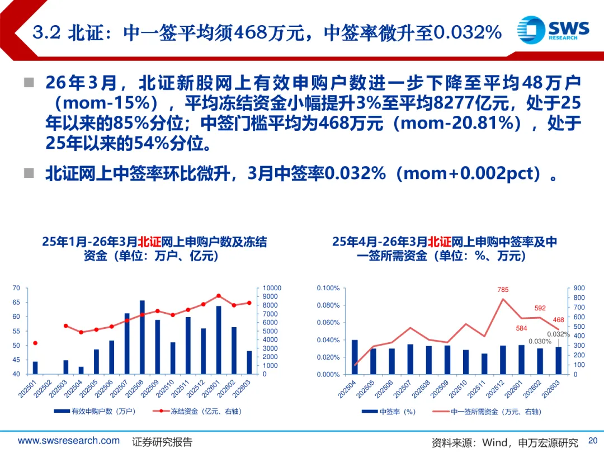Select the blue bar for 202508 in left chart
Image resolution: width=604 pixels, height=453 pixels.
[x=142, y=337]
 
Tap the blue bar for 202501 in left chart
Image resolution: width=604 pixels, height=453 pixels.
[x=35, y=367]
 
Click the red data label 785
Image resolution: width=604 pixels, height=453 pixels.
[x=503, y=290]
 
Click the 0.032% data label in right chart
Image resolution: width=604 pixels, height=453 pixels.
[x=558, y=334]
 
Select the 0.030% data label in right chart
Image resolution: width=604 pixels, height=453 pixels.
[x=540, y=341]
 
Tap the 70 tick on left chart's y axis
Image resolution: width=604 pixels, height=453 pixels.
[x=16, y=288]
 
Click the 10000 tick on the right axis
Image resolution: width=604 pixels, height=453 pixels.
[x=273, y=288]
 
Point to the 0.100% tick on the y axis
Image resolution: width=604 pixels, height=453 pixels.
[x=328, y=288]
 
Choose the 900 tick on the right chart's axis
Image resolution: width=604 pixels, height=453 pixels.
[x=579, y=288]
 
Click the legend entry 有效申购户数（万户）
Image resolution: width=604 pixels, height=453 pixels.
[x=95, y=412]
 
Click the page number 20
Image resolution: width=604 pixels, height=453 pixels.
[x=593, y=440]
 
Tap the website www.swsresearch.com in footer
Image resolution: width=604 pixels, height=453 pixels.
[x=69, y=441]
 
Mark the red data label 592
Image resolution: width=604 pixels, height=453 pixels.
[x=540, y=308]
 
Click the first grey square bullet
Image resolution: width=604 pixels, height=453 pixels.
[x=29, y=83]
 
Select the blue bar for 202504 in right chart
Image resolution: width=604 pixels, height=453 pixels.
[x=355, y=357]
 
